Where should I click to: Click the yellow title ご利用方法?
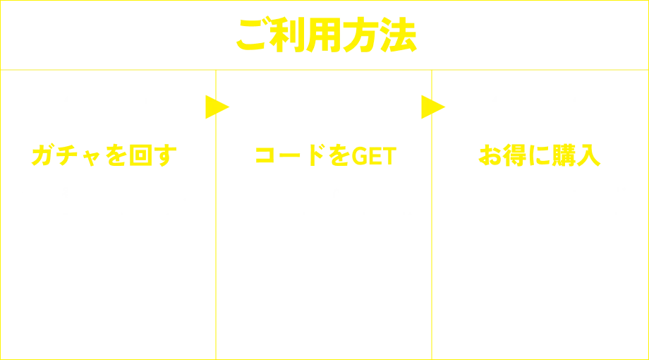coord(325,35)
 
